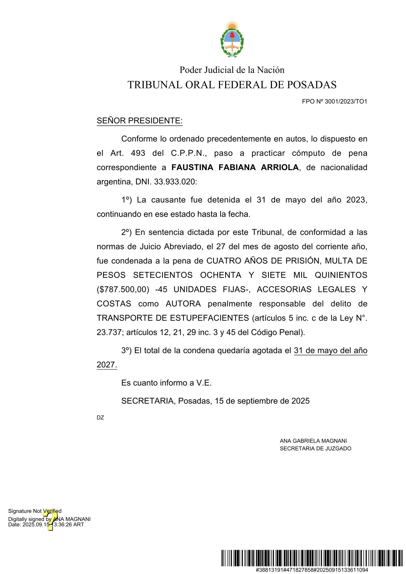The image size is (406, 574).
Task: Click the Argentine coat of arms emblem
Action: coord(232,40)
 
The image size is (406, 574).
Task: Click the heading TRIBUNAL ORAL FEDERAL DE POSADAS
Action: coord(232,85)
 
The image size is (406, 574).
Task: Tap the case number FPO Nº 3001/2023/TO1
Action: coord(334,101)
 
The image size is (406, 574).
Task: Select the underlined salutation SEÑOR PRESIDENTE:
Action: coord(140,121)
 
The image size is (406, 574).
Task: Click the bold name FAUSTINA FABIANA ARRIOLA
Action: coord(235,167)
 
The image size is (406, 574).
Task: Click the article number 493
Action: coord(138,153)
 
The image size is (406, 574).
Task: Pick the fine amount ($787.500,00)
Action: coord(123,290)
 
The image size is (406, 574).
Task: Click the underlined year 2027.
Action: coord(106,365)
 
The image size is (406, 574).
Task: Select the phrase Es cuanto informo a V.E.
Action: coord(166,383)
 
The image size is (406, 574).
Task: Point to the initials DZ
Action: coord(100,417)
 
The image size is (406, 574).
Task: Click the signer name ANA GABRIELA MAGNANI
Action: coord(313,441)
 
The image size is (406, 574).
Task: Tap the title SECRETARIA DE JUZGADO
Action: coord(315,448)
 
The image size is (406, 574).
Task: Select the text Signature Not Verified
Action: coord(35,511)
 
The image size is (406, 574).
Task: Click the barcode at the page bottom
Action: coord(311,558)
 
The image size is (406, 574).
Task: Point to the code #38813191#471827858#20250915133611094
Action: coord(311,570)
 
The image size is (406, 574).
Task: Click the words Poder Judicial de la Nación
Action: coord(232,70)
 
